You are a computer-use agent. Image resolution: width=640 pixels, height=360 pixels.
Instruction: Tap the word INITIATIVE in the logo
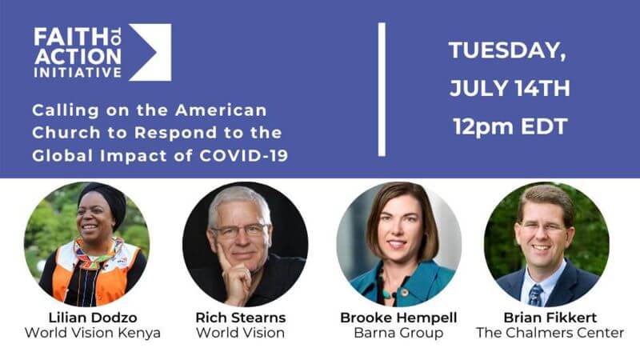[78, 73]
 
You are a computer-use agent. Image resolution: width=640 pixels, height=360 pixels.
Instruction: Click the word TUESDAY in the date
[508, 50]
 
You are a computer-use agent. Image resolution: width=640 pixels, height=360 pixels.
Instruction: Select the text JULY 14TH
[510, 88]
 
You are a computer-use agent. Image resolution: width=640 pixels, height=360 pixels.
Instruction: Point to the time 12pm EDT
[510, 126]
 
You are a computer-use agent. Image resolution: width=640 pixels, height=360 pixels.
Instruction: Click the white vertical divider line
[382, 90]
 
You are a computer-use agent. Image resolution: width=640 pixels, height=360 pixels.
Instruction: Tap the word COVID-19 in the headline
[244, 156]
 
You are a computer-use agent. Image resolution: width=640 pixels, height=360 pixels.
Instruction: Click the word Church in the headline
[66, 133]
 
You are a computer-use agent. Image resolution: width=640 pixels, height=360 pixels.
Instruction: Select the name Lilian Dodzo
[93, 318]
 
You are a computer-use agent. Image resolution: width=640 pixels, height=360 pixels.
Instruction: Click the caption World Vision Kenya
[93, 333]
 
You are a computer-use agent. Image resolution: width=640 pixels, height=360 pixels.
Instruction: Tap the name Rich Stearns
[241, 318]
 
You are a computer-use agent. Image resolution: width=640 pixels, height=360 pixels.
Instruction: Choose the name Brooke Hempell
[398, 318]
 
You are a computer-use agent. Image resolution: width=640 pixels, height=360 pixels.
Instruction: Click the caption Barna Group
[398, 333]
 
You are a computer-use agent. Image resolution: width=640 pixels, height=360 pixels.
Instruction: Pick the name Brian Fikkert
[550, 318]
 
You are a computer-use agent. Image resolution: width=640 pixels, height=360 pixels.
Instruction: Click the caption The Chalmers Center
[550, 333]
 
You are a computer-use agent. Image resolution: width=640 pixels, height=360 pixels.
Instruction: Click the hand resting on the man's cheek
[234, 274]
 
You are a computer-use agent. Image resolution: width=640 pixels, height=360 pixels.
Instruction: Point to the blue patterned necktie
[535, 295]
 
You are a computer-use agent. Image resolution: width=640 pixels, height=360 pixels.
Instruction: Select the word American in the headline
[221, 110]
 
